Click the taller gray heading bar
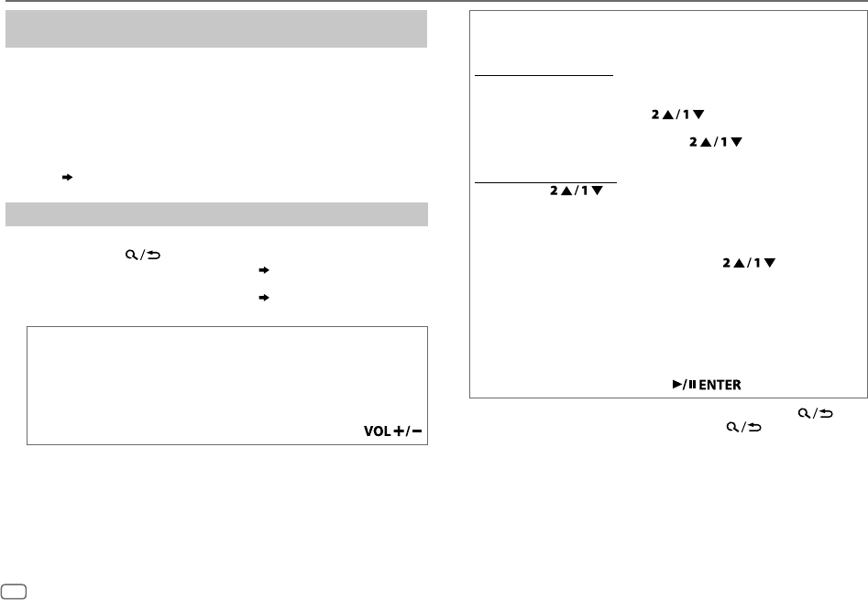coord(216,28)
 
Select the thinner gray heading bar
coord(216,214)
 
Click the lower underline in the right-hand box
coord(546,181)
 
